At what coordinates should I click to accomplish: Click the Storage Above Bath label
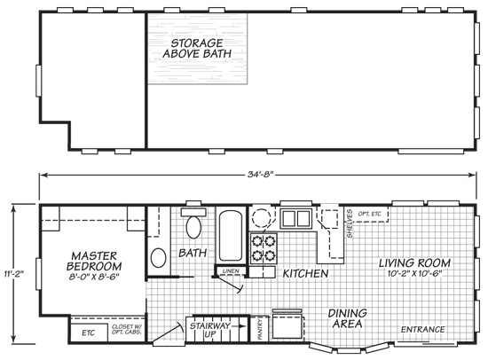point(197,48)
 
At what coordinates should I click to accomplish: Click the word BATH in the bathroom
point(194,254)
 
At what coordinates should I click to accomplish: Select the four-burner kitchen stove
point(264,248)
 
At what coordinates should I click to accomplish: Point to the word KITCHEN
point(305,274)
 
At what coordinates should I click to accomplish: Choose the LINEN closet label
point(231,270)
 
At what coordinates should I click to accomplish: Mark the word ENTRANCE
point(422,331)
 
